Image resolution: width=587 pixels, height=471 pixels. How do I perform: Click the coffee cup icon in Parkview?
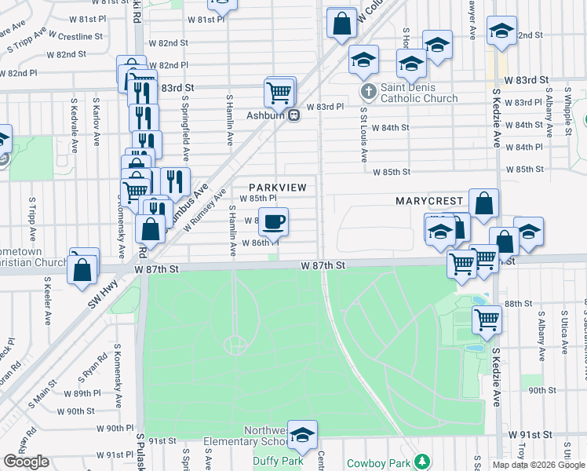(273, 222)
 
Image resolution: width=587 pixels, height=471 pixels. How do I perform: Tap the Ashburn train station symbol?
(293, 115)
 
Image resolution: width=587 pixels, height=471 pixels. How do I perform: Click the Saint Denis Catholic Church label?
(418, 93)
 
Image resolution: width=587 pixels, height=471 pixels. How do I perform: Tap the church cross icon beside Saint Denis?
(367, 93)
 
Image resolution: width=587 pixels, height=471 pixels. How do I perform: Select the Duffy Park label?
(279, 462)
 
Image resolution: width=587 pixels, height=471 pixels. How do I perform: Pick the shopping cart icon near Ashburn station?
(280, 93)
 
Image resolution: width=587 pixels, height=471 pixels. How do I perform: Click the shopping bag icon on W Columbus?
(341, 24)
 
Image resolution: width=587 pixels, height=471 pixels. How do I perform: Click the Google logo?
(27, 462)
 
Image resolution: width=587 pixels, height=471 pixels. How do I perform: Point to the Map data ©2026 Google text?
(538, 465)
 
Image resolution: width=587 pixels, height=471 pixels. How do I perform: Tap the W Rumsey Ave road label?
(205, 208)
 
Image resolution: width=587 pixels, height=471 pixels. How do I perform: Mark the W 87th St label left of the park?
(157, 268)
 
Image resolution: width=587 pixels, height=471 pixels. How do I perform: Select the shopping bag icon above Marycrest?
(484, 204)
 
